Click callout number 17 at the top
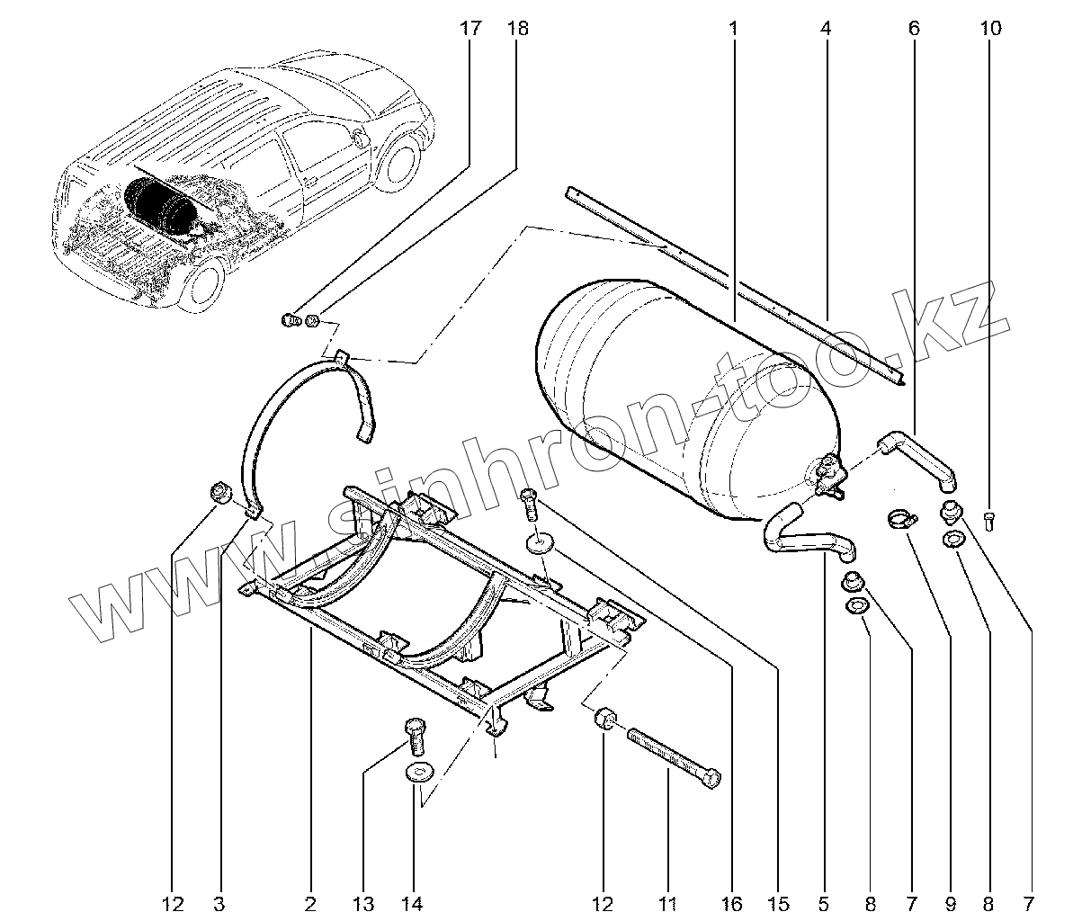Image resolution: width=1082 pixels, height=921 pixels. pos(469,29)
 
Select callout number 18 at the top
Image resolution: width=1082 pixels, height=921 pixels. pos(517,29)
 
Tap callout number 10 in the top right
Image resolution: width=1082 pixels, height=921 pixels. pos(989,29)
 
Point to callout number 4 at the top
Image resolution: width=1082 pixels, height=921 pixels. pos(825,29)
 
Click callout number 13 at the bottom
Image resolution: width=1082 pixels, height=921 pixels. pos(363,903)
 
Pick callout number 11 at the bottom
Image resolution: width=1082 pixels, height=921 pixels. pos(667,903)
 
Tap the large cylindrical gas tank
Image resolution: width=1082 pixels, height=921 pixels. pos(684,396)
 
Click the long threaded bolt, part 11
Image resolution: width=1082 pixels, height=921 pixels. pos(675,757)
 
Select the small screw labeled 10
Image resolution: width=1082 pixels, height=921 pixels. pos(989,519)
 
